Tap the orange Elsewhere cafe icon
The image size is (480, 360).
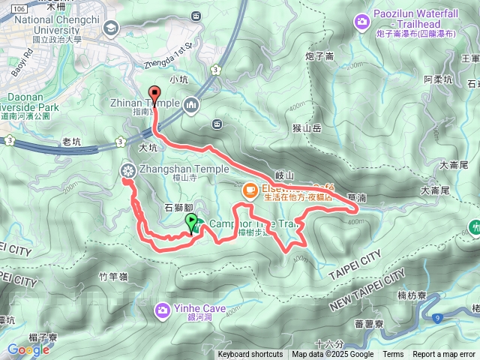248,191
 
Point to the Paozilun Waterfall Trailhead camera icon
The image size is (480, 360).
363,22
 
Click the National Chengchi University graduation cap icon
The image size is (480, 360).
112,28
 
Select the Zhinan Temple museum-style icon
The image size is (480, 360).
192,103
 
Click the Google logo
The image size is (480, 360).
28,349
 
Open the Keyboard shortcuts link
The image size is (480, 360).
250,355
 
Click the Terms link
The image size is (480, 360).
393,355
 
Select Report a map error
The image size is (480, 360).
445,355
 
